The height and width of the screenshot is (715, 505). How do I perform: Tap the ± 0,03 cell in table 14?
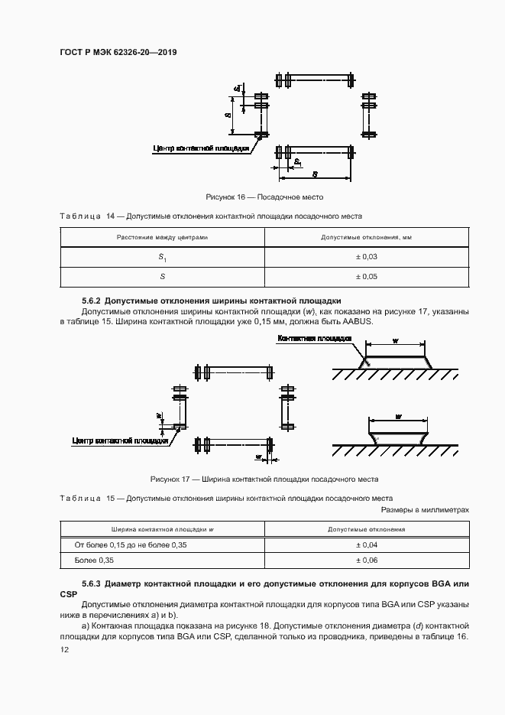tap(367, 257)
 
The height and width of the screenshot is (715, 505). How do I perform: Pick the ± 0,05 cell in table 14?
tap(367, 276)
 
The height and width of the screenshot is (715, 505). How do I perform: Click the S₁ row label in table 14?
tap(162, 258)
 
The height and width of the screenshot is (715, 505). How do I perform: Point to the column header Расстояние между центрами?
tap(162, 238)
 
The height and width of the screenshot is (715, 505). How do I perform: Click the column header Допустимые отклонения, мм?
tap(367, 238)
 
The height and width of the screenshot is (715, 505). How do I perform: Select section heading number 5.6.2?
tap(91, 301)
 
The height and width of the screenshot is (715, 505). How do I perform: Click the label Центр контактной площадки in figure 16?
tap(202, 148)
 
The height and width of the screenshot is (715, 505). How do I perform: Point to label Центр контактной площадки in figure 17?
tap(120, 440)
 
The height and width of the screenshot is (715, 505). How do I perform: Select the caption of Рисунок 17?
tap(264, 479)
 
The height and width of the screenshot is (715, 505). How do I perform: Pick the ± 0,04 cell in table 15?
tap(367, 544)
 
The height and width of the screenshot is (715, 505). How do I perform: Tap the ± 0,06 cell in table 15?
tap(367, 561)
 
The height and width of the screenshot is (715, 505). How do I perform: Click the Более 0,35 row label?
tap(92, 561)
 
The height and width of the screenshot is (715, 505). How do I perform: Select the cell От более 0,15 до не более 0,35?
tap(130, 544)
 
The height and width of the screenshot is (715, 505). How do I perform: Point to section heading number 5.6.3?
tap(91, 583)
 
